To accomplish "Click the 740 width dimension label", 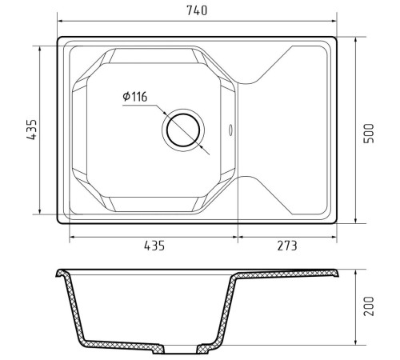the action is (197, 10).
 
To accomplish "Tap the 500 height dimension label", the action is (369, 134).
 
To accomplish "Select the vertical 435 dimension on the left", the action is (32, 130).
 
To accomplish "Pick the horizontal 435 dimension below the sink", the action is (154, 246).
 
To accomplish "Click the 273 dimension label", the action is (287, 246).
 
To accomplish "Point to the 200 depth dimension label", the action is (369, 306).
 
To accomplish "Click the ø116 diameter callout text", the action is (135, 97).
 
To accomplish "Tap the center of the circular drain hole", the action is (183, 130).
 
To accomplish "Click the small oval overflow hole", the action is (230, 130).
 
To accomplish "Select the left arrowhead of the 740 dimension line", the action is (60, 21).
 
